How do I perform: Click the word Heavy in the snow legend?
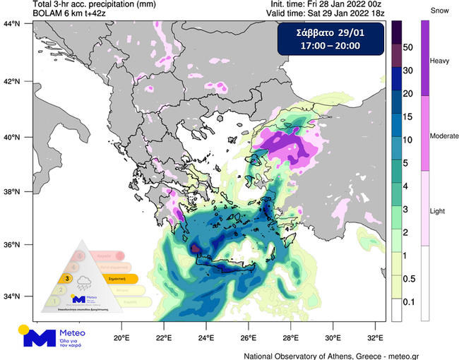coord(440,61)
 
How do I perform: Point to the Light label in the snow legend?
coord(439,210)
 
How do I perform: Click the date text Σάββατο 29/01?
coord(330,33)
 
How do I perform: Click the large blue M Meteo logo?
coord(40,339)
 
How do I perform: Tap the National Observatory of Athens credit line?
coord(350,355)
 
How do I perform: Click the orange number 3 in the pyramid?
coord(67,279)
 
